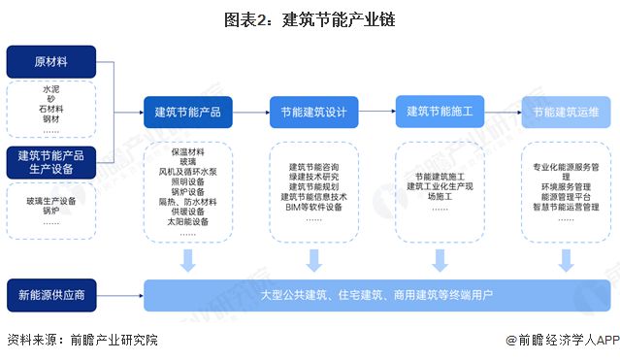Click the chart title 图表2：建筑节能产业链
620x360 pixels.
tap(310, 18)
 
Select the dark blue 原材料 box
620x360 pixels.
tap(50, 62)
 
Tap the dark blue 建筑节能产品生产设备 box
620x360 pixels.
tap(50, 161)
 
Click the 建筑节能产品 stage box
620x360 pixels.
tap(188, 113)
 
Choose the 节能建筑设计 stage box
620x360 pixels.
tap(313, 113)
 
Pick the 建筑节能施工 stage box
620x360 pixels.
tap(440, 112)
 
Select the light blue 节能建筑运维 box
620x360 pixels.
tap(565, 113)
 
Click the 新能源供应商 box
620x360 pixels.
tap(50, 293)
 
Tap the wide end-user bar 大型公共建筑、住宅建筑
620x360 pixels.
tap(376, 294)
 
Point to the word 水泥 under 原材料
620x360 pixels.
tap(50, 89)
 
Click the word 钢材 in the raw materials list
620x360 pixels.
tap(50, 118)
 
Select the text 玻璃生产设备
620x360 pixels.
tap(50, 200)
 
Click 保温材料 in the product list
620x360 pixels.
tap(188, 152)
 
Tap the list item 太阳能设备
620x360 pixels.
tap(188, 222)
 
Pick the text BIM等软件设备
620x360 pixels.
tap(313, 207)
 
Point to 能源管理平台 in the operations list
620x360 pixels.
tap(565, 195)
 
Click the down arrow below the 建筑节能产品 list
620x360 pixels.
tap(188, 260)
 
